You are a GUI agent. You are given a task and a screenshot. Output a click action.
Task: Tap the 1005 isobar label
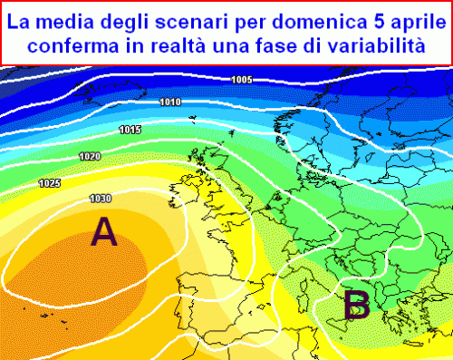241,80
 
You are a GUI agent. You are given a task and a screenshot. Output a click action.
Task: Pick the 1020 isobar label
90,157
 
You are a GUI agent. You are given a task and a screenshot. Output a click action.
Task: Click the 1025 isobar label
50,184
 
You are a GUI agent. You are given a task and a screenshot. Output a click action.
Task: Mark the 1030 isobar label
101,198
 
